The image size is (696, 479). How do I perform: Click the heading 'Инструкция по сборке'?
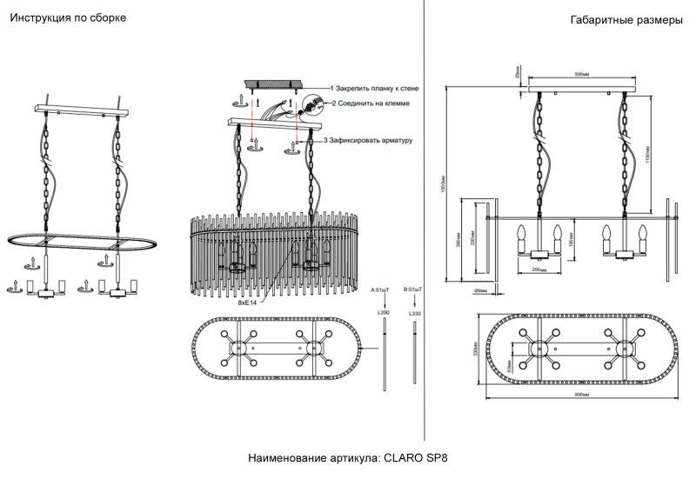pos(62,18)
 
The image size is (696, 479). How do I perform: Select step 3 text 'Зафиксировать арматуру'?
pos(371,140)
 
